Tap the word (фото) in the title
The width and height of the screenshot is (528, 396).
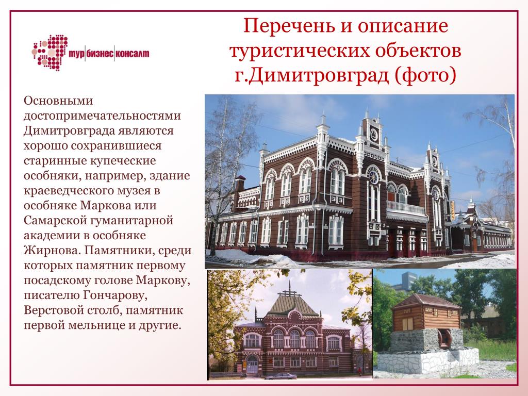[x=425, y=75]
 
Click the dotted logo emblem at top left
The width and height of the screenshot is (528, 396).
[x=50, y=53]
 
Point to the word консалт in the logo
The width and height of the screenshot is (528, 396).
[x=133, y=54]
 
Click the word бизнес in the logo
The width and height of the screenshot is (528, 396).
[x=100, y=54]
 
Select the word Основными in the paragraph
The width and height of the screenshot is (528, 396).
[x=58, y=101]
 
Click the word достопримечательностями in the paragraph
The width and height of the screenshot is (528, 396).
[x=102, y=115]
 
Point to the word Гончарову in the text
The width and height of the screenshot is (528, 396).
[x=115, y=295]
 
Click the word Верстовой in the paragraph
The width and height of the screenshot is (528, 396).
[x=56, y=310]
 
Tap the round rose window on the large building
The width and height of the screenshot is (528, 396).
[x=373, y=176]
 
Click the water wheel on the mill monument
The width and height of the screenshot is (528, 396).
[x=444, y=338]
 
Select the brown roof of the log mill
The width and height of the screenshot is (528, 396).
[x=426, y=301]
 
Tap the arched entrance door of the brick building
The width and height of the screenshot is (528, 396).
[x=252, y=364]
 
